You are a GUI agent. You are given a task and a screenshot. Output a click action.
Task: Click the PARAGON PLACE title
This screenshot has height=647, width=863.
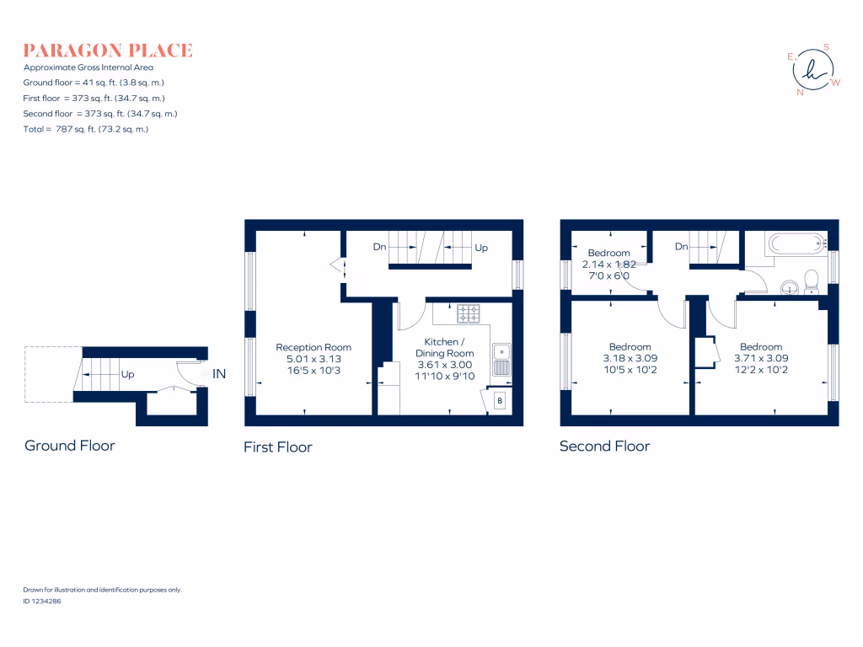click(x=108, y=51)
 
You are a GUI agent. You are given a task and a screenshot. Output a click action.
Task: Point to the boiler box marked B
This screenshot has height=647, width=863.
click(x=499, y=401)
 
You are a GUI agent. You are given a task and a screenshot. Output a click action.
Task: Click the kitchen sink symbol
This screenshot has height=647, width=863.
click(x=501, y=359)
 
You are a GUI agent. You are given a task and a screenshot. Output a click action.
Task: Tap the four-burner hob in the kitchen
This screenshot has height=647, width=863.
click(x=469, y=313)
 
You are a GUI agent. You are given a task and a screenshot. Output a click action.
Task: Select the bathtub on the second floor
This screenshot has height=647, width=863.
click(x=796, y=244)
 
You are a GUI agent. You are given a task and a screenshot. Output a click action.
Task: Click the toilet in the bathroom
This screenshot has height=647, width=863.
click(x=812, y=280)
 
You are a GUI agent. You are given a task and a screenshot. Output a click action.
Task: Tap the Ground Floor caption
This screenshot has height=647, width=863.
click(x=70, y=446)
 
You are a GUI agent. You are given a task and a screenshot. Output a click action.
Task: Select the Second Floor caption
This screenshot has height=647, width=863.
click(x=604, y=446)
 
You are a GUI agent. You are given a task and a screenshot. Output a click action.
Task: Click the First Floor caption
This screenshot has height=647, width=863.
click(x=278, y=446)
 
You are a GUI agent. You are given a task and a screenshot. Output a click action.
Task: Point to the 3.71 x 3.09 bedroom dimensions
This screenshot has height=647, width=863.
click(x=761, y=359)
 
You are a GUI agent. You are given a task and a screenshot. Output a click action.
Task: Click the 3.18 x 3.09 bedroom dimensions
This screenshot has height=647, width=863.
click(x=630, y=359)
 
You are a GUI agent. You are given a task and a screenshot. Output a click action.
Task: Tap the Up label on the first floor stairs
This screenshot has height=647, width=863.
click(x=481, y=248)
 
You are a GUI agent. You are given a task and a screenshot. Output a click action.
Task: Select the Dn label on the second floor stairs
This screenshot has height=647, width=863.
click(x=682, y=247)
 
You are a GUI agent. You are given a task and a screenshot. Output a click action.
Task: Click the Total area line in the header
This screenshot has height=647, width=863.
click(x=86, y=129)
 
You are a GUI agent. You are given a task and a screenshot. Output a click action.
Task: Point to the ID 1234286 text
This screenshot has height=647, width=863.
click(x=42, y=602)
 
